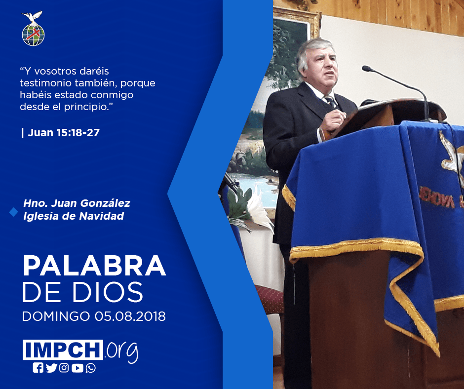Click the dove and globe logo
(x=33, y=29)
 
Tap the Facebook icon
(x=38, y=368)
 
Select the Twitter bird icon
(x=51, y=368)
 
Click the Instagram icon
(x=64, y=368)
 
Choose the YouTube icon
(x=77, y=368)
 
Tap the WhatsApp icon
(x=90, y=368)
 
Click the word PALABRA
(x=94, y=266)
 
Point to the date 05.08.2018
(x=130, y=316)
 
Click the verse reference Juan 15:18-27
(x=64, y=133)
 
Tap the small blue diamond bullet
(x=14, y=212)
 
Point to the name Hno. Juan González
(x=77, y=203)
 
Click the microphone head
(x=367, y=69)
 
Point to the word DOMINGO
(x=56, y=316)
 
